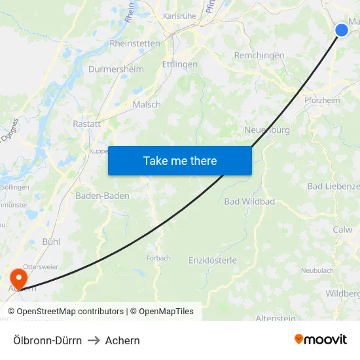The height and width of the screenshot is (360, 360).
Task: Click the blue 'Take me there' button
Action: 180,160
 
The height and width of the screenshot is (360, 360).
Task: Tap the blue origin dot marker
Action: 342,29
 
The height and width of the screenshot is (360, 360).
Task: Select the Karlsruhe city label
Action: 179,16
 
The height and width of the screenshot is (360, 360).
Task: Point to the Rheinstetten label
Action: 135,43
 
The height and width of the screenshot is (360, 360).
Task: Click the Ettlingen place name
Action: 180,64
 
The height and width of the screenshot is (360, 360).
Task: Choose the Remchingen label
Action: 259,56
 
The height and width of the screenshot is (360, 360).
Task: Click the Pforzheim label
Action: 322,100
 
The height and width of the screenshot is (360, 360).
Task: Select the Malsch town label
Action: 147,104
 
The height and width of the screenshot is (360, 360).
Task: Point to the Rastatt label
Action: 87,124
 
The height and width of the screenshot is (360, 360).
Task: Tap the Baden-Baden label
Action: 102,196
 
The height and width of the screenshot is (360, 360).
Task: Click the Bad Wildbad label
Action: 249,201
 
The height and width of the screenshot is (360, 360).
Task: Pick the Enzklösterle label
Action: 213,260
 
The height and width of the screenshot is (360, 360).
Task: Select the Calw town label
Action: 342,229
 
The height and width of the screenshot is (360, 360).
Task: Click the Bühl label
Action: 51,242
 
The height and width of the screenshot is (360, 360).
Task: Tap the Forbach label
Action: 158,258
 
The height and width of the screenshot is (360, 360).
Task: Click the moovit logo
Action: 321,339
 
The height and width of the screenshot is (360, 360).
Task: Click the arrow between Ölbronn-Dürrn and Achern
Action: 94,340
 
